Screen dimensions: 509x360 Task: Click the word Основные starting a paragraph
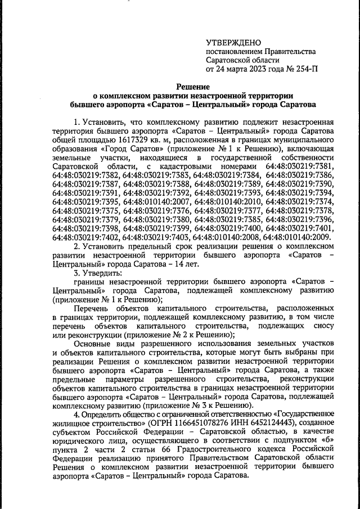coord(93,344)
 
